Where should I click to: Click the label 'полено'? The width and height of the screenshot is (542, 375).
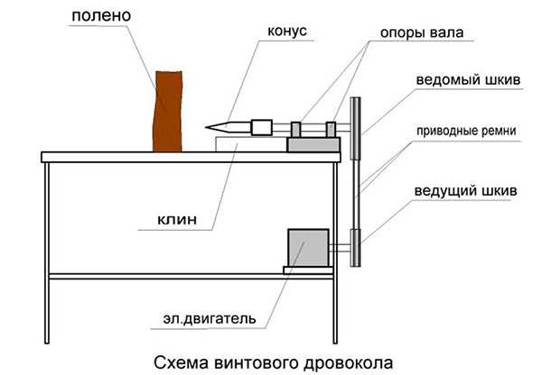click(101, 16)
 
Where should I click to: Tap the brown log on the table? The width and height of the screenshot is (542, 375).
click(168, 112)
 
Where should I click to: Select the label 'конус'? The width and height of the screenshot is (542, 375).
click(287, 31)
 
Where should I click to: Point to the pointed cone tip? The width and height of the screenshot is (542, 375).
click(206, 128)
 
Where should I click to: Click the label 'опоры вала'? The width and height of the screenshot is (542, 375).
click(421, 32)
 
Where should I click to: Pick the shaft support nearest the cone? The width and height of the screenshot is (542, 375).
click(296, 130)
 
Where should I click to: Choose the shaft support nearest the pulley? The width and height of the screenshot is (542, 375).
click(331, 130)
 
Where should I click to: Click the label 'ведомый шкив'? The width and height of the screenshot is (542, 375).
click(468, 79)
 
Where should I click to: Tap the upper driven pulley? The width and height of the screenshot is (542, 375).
click(355, 128)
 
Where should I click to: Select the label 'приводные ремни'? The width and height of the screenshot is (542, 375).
click(466, 131)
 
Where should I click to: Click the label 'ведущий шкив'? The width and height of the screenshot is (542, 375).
click(465, 190)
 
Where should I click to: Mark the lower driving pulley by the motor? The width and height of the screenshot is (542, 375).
click(355, 248)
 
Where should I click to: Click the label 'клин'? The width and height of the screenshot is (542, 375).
click(177, 219)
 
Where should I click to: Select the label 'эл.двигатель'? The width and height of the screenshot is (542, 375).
click(210, 319)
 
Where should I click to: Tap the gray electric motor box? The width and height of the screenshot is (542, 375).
click(308, 248)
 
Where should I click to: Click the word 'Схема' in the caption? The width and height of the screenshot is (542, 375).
click(182, 363)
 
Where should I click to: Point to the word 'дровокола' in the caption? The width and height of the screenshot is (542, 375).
click(349, 363)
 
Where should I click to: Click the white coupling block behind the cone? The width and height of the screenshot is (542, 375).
click(262, 128)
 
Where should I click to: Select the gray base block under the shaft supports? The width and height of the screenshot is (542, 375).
click(313, 144)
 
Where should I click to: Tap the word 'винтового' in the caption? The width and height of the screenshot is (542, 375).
click(257, 363)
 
